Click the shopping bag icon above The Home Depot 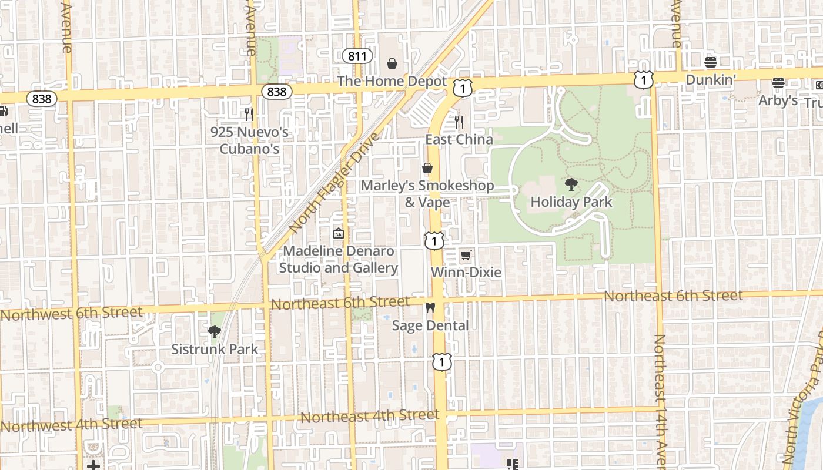(392, 63)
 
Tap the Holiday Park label (571, 202)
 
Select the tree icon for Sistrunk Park (215, 332)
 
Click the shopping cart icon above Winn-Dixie (466, 255)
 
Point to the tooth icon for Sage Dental (430, 308)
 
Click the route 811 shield (357, 56)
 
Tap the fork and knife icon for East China (459, 122)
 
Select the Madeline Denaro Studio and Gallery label (338, 260)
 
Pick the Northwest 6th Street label (71, 313)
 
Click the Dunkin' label (711, 79)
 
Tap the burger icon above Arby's (778, 83)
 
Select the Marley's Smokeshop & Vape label (427, 194)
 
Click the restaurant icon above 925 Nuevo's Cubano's (249, 114)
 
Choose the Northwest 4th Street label (71, 425)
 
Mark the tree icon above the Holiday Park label (571, 185)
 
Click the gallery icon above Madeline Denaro (338, 234)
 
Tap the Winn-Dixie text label (466, 273)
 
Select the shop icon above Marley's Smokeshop (427, 169)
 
